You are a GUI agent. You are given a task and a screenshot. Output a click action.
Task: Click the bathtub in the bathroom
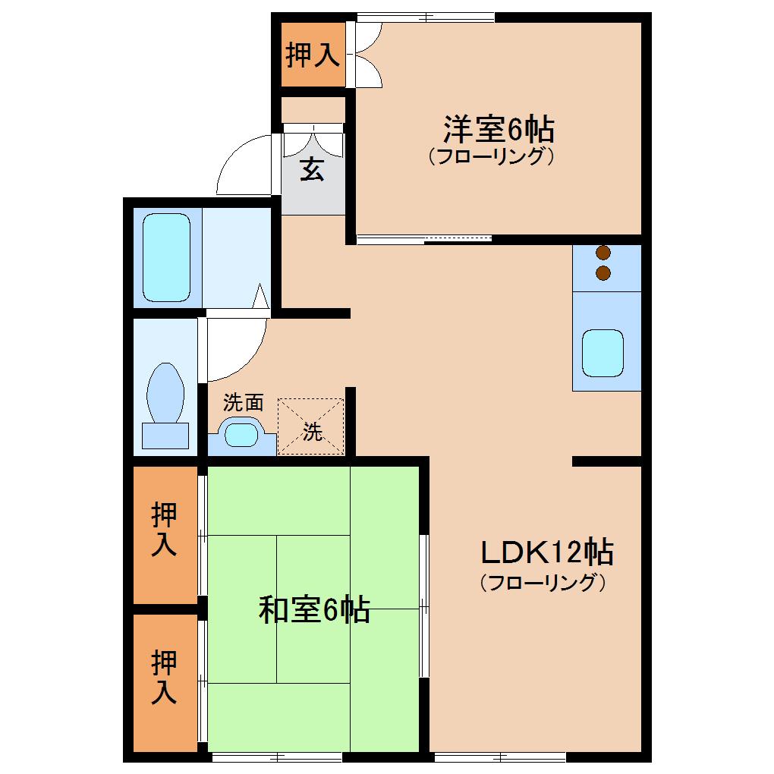pyautogui.click(x=166, y=257)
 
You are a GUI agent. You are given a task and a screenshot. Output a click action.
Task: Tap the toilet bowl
pyautogui.click(x=165, y=393)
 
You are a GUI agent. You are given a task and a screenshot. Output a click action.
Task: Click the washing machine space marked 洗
pyautogui.click(x=310, y=426)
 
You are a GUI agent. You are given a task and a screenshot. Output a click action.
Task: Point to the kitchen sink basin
pyautogui.click(x=603, y=353)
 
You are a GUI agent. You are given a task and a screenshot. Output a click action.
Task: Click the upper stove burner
pyautogui.click(x=603, y=253)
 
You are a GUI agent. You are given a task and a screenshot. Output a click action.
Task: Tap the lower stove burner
pyautogui.click(x=603, y=273)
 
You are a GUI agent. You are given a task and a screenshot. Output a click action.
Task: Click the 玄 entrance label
pyautogui.click(x=312, y=168)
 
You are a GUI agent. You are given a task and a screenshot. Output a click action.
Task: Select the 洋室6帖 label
pyautogui.click(x=499, y=129)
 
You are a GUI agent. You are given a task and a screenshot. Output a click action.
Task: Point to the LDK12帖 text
pyautogui.click(x=547, y=552)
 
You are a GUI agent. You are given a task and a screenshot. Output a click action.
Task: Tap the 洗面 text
pyautogui.click(x=244, y=402)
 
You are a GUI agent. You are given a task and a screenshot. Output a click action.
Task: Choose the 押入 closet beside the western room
pyautogui.click(x=313, y=55)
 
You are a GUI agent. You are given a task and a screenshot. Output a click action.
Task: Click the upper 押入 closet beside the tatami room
pyautogui.click(x=165, y=535)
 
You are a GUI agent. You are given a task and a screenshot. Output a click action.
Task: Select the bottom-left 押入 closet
pyautogui.click(x=165, y=683)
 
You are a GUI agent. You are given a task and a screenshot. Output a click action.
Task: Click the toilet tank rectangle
pyautogui.click(x=165, y=436)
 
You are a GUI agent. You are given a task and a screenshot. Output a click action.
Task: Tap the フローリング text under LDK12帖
pyautogui.click(x=543, y=583)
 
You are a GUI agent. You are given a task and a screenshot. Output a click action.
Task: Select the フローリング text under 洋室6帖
pyautogui.click(x=491, y=156)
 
